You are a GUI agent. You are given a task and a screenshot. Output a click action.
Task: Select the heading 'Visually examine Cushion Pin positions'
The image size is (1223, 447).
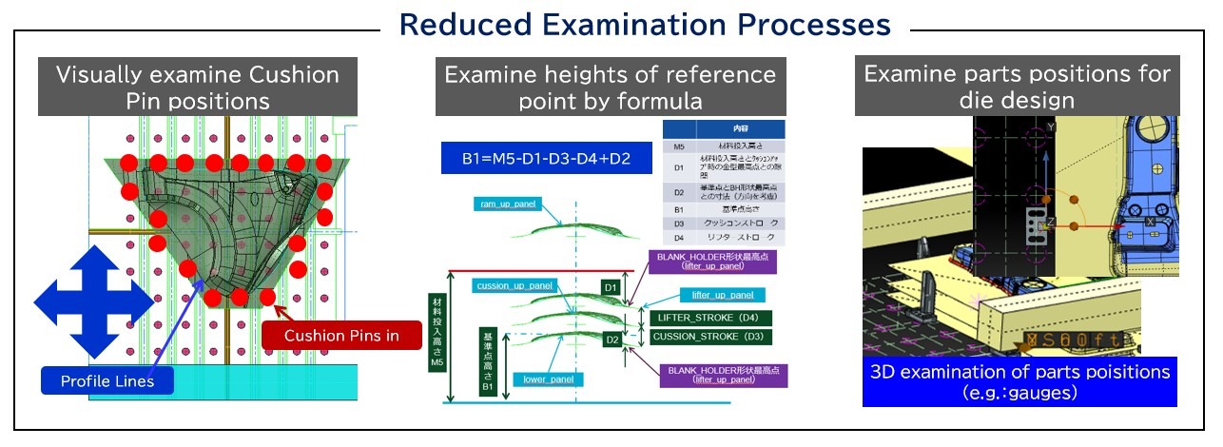198,87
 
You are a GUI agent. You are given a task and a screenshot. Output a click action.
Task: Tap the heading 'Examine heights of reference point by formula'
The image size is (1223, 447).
610,87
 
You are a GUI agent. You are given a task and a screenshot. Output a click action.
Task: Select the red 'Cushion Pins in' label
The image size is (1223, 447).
340,335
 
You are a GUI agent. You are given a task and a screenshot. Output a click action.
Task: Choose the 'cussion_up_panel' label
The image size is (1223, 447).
513,285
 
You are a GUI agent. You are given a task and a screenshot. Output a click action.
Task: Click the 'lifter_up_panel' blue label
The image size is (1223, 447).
724,295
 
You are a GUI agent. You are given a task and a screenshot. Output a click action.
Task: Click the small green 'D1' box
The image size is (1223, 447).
611,286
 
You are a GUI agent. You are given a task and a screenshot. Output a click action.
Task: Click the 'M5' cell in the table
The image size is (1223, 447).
678,147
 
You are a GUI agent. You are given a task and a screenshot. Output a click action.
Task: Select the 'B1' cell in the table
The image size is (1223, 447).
678,206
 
